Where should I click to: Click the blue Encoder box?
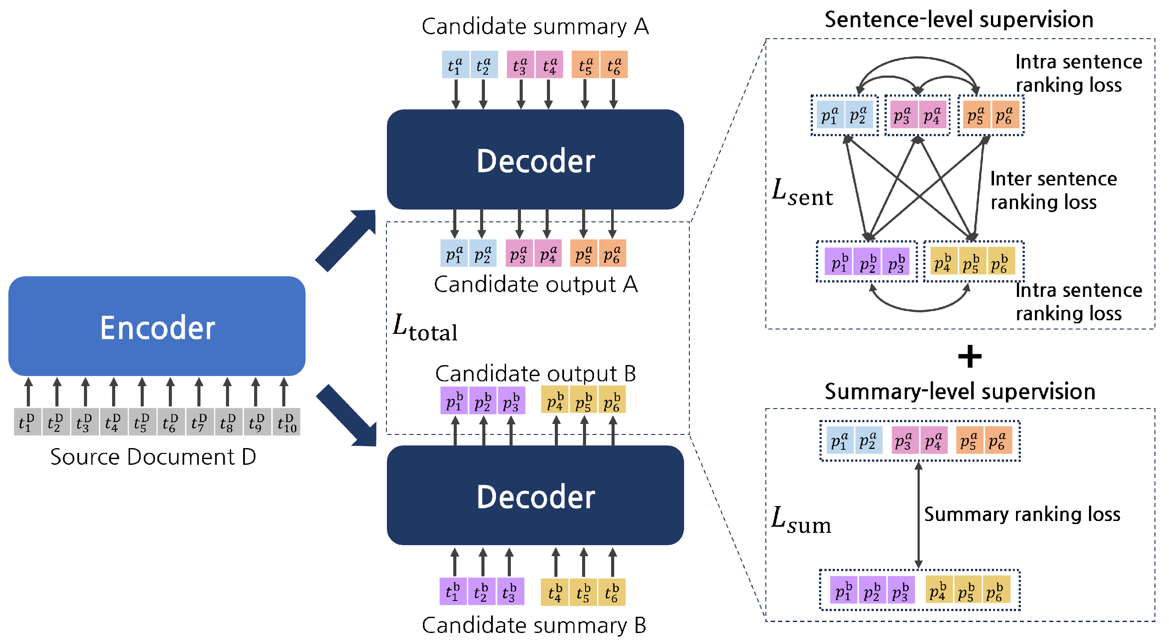pos(157,326)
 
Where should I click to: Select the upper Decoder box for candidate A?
pos(535,159)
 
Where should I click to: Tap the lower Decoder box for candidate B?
pos(535,495)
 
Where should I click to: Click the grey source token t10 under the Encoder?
pos(286,422)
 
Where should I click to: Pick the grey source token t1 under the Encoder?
pos(27,422)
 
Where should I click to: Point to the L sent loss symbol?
pos(801,192)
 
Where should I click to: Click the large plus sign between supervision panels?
pos(969,357)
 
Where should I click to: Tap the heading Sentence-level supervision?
pos(958,20)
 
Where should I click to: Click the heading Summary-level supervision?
pos(959,391)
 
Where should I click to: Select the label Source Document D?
pos(153,457)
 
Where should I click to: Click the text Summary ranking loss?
pos(1022,514)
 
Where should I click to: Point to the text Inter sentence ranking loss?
pos(1053,191)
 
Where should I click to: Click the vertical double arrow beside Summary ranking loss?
pos(918,515)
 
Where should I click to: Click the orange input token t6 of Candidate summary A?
pos(614,65)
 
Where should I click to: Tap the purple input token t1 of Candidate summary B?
pos(453,591)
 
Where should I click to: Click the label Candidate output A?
pos(535,285)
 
